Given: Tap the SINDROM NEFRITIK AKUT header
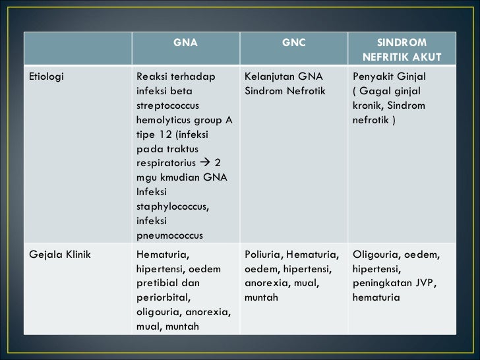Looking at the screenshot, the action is click(402, 49).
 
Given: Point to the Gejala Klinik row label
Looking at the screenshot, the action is click(60, 254).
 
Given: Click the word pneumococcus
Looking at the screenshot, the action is click(169, 235).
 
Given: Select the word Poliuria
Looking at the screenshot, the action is click(264, 254).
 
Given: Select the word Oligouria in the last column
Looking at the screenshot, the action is click(376, 254).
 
